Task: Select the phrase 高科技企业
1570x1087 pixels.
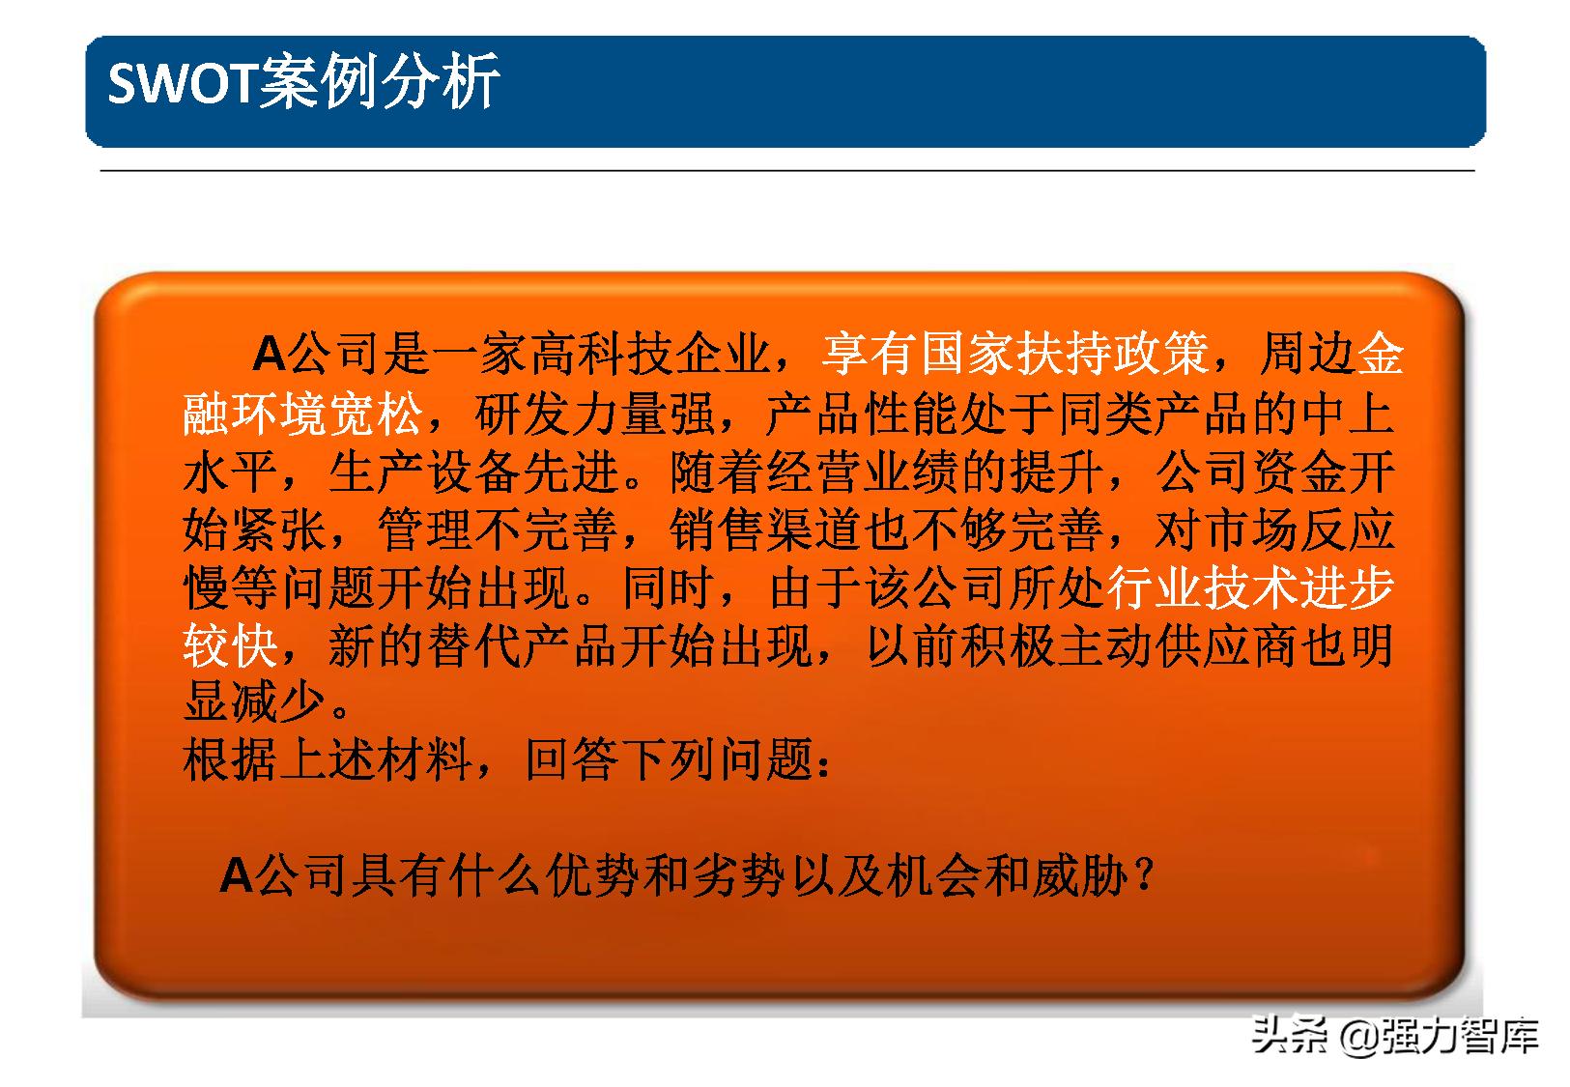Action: (648, 355)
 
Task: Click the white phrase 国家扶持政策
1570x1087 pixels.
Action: (1064, 355)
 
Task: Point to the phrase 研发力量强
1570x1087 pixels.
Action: (594, 415)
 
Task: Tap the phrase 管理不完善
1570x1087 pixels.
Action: (498, 530)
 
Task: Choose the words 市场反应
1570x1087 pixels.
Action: (1299, 530)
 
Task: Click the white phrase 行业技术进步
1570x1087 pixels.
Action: (1251, 588)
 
